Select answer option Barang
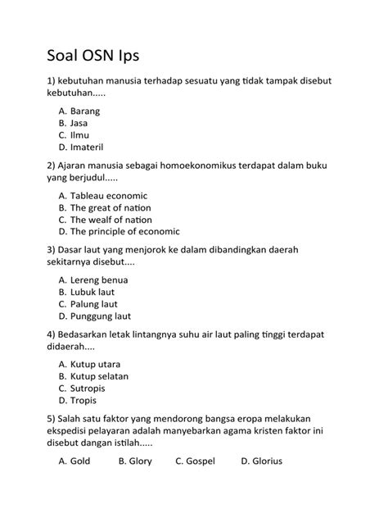(85, 109)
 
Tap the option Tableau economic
(108, 196)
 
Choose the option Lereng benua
(99, 279)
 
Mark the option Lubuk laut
(92, 292)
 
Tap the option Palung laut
(94, 304)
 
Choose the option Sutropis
(90, 388)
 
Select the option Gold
(80, 461)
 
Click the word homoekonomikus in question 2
(197, 164)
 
